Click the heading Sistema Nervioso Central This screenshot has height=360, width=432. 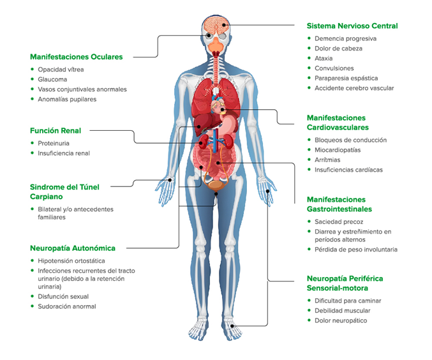tap(352, 26)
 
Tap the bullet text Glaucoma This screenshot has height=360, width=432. tap(52, 79)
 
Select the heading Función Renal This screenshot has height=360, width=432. tap(56, 131)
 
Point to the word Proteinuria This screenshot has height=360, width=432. tap(54, 144)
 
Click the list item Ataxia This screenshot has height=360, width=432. tap(324, 59)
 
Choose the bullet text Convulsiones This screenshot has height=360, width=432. tap(334, 68)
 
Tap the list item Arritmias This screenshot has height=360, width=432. tap(327, 160)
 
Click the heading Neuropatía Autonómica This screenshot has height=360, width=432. tap(73, 248)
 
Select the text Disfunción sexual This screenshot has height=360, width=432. tap(63, 297)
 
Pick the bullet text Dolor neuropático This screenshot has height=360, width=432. tap(341, 320)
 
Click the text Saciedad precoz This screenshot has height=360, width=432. tap(339, 222)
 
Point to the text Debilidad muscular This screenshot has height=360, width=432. tap(343, 311)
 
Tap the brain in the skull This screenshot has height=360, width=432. tap(216, 25)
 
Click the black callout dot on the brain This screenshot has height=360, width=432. tap(224, 25)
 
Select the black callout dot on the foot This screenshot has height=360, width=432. tap(232, 326)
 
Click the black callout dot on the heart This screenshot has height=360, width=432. tap(222, 109)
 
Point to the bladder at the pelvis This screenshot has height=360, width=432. tap(216, 185)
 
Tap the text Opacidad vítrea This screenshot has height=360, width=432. tap(61, 70)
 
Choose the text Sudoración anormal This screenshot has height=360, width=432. tap(67, 306)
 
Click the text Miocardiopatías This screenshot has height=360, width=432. tap(338, 150)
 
